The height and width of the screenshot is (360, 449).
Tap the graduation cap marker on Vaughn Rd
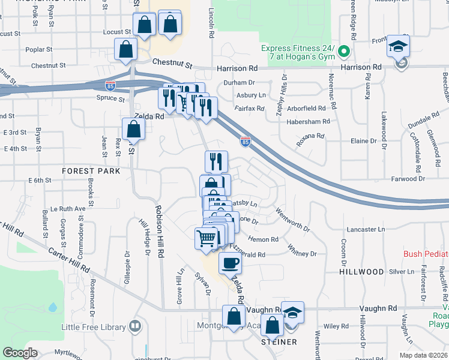tap(292, 313)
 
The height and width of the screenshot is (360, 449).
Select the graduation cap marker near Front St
tap(398, 46)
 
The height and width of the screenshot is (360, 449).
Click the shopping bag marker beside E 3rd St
tap(133, 128)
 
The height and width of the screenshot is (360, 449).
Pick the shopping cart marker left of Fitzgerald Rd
tap(206, 238)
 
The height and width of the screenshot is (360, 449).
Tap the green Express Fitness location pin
tap(344, 52)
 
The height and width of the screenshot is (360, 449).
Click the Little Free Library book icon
tap(136, 327)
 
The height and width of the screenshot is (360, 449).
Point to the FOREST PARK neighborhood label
tap(91, 171)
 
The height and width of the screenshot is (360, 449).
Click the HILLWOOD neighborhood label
tap(361, 272)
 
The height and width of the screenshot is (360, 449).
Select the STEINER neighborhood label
tap(279, 342)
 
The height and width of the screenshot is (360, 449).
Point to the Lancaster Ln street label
tap(366, 229)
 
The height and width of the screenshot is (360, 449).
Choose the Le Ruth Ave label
tap(68, 209)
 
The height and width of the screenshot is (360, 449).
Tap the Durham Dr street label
tap(239, 82)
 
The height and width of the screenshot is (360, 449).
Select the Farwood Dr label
tap(408, 179)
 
